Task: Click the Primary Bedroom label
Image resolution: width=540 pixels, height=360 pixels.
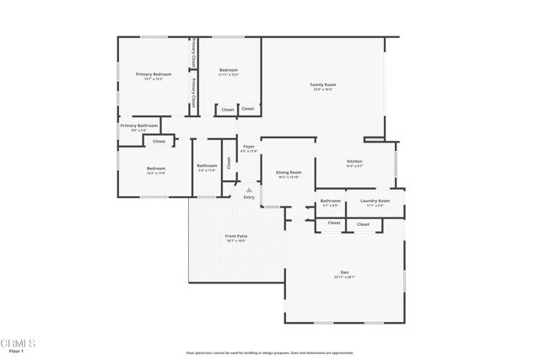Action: pos(154,74)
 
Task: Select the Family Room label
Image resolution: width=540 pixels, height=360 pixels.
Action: pos(323,84)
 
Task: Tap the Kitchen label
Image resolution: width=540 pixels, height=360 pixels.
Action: pos(354,161)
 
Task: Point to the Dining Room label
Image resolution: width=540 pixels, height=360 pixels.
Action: pos(289,173)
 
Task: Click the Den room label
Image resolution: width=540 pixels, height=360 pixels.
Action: pos(344,271)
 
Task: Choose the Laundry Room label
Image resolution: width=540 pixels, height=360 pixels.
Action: pos(375,201)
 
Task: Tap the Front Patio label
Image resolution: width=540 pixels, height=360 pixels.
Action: pos(236,236)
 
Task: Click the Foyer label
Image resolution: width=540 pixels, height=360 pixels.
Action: pos(249,147)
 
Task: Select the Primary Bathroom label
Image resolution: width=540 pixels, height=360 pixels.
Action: pos(139,126)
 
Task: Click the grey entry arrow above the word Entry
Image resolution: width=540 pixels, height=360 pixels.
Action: pos(249,190)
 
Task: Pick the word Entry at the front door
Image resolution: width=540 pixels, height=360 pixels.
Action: pos(249,197)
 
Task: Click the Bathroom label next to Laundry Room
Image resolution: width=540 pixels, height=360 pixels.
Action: pos(330,201)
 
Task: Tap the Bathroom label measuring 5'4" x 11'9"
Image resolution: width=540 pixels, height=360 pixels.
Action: pos(207,165)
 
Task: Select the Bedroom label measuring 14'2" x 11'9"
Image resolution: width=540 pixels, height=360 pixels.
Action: pos(156,169)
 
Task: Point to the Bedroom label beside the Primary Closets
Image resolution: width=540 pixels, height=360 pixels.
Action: pos(229,70)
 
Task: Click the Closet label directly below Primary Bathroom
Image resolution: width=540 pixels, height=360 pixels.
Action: pos(159,142)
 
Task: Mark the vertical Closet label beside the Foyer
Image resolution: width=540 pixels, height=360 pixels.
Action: pos(229,163)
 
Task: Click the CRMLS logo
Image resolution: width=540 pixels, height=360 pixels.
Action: pos(18,343)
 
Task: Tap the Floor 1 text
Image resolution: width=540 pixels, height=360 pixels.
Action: pos(16,351)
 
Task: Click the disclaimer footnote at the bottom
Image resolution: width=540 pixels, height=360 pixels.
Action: pos(270,353)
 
